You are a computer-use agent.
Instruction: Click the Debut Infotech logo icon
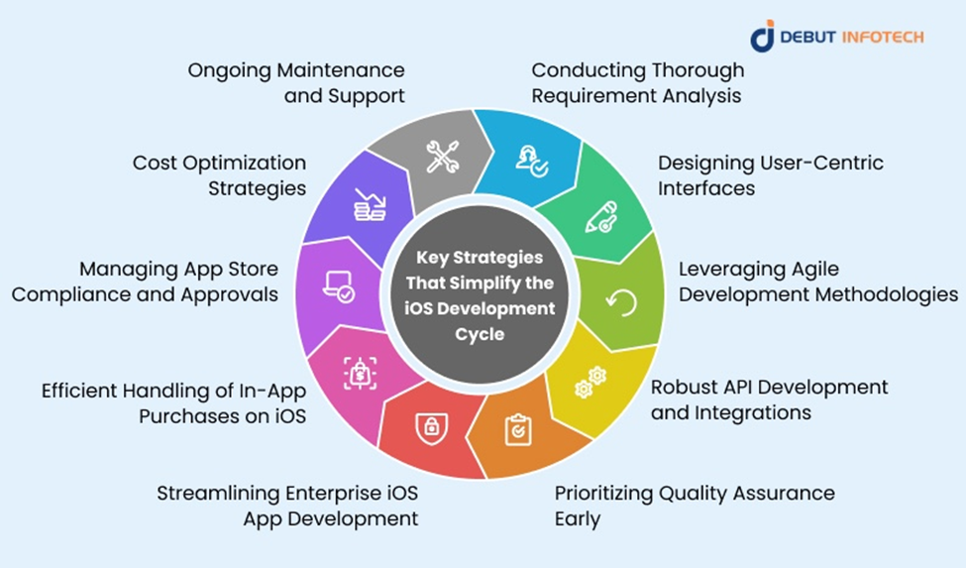pyautogui.click(x=762, y=37)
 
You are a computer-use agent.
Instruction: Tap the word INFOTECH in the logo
pyautogui.click(x=882, y=37)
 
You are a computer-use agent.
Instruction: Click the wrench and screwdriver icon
pyautogui.click(x=442, y=157)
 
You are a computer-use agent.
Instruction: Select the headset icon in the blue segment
pyautogui.click(x=532, y=162)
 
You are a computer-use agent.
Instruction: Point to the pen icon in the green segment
pyautogui.click(x=600, y=217)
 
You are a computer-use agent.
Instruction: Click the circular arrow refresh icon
pyautogui.click(x=621, y=302)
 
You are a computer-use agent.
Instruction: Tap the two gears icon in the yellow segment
pyautogui.click(x=590, y=382)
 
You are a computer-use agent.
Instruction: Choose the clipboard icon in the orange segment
pyautogui.click(x=517, y=429)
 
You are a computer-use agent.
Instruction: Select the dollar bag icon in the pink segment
pyautogui.click(x=360, y=374)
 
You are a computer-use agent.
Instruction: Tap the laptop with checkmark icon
pyautogui.click(x=338, y=287)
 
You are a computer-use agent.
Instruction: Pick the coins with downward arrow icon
pyautogui.click(x=370, y=204)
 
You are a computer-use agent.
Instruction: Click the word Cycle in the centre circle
pyautogui.click(x=480, y=334)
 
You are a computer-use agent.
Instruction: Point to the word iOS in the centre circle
pyautogui.click(x=416, y=308)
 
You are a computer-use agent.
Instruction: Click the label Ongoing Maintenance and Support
pyautogui.click(x=296, y=82)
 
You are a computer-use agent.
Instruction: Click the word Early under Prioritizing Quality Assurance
pyautogui.click(x=578, y=518)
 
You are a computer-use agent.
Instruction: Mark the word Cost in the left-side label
pyautogui.click(x=155, y=163)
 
